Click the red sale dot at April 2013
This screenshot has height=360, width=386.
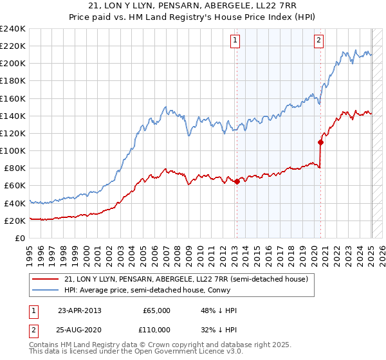tap(237, 181)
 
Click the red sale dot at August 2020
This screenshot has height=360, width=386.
tap(320, 142)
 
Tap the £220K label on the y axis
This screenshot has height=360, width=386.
tap(13, 46)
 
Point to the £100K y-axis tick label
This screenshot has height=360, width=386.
tap(13, 150)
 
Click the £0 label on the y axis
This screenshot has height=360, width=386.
tap(20, 238)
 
